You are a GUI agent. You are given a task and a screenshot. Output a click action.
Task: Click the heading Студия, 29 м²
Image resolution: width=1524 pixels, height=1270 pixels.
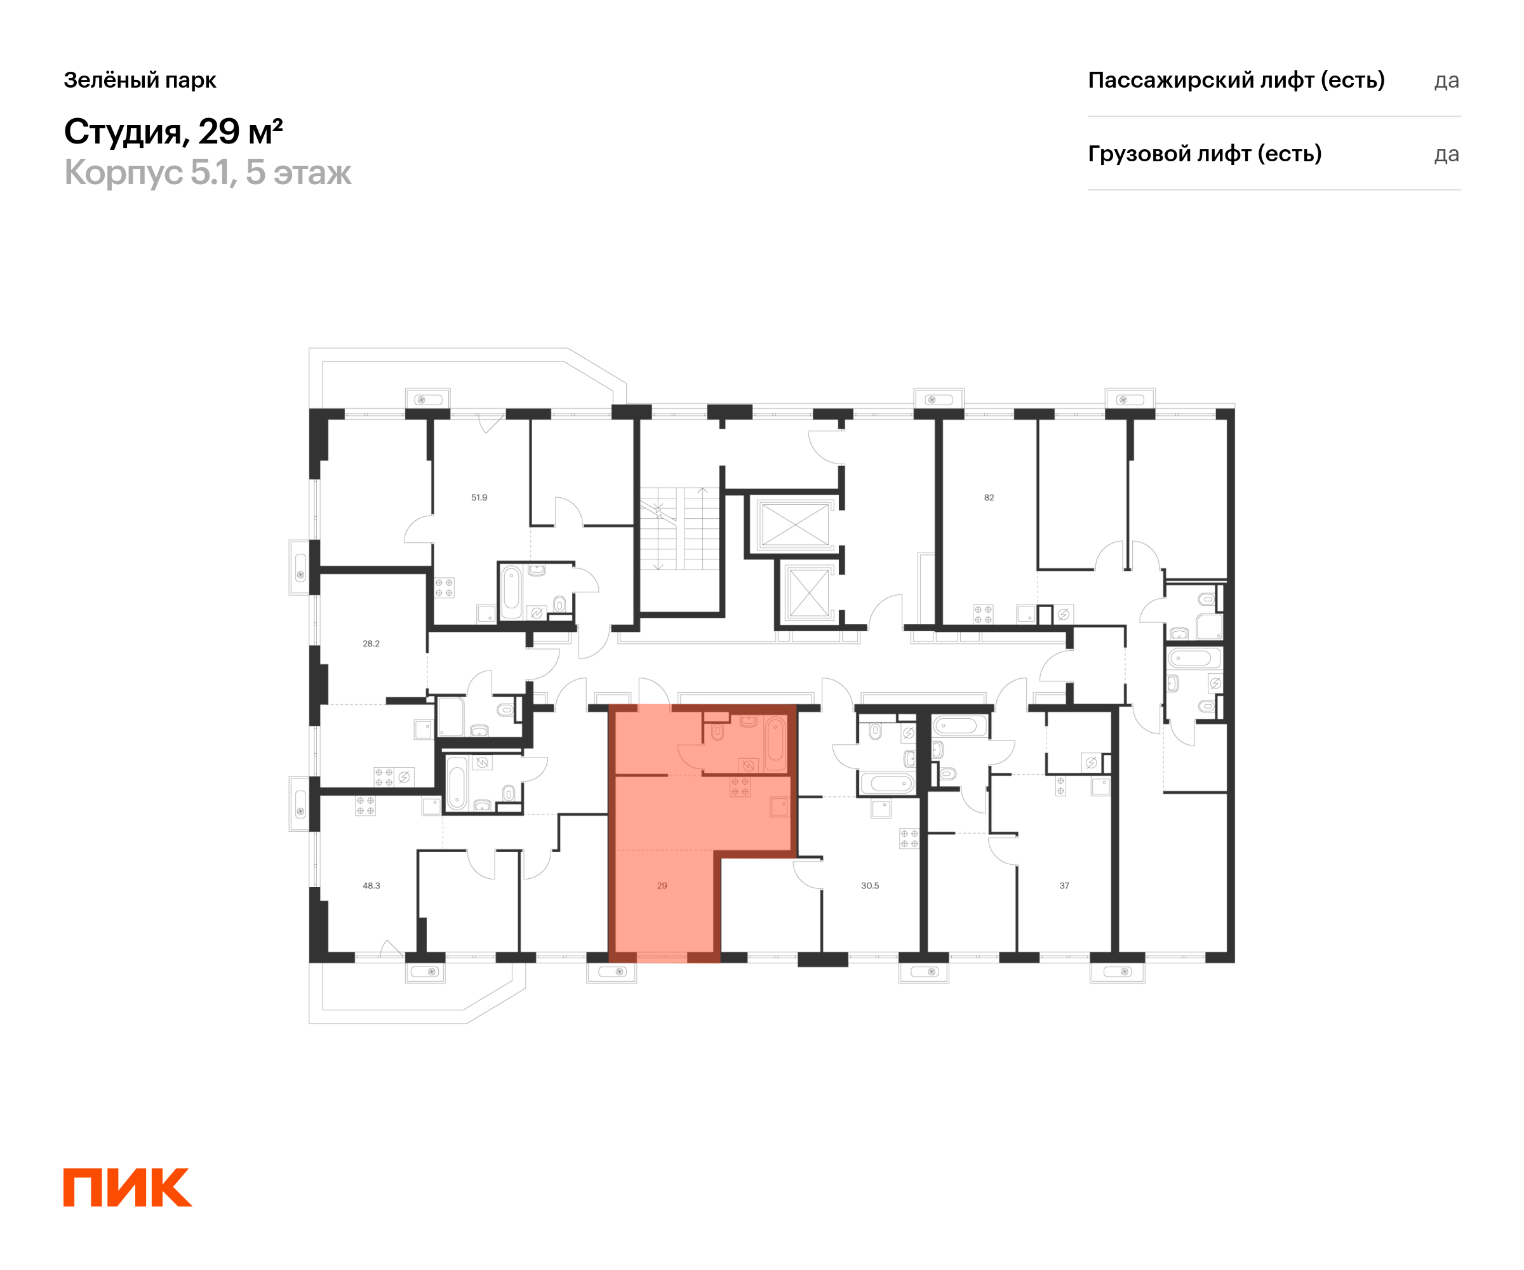point(173,132)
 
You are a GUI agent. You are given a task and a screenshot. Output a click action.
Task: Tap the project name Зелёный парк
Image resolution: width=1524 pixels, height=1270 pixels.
point(140,80)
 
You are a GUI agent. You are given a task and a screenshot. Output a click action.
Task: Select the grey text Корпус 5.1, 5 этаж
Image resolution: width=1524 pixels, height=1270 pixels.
point(208,173)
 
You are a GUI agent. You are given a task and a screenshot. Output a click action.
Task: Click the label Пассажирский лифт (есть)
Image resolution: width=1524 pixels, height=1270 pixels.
point(1236,80)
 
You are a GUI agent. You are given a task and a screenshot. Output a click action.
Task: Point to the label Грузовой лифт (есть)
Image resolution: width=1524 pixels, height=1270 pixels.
point(1205,154)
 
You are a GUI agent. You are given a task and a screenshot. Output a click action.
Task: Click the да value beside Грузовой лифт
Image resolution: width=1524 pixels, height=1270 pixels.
point(1447,154)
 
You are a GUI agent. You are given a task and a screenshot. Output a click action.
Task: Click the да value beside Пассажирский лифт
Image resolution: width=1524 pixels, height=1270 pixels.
point(1447,81)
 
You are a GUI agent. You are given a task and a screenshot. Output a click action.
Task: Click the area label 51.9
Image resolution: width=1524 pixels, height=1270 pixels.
point(479,498)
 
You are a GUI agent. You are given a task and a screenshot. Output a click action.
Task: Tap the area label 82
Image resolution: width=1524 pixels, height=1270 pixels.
point(989,498)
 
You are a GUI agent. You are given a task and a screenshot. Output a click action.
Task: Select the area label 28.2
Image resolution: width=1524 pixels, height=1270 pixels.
point(371,644)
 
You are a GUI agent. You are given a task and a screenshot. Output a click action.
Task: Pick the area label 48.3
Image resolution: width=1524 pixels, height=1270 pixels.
point(371,886)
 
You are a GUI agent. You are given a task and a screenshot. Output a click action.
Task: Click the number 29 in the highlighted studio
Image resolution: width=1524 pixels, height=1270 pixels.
point(662,886)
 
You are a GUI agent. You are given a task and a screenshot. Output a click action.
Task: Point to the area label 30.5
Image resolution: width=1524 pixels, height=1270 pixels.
point(870,886)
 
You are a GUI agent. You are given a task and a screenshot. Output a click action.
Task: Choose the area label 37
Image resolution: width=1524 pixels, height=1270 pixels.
point(1064,886)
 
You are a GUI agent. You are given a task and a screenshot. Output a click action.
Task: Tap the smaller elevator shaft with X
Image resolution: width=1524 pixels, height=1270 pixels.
point(808,593)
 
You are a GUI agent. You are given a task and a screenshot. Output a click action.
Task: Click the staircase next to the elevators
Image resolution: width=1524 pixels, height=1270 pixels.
point(680,528)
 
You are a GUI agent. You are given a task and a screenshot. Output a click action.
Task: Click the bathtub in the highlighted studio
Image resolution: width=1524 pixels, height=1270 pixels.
point(776,743)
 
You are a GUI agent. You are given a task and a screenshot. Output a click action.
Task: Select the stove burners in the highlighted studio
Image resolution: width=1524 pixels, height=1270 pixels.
point(740,787)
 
